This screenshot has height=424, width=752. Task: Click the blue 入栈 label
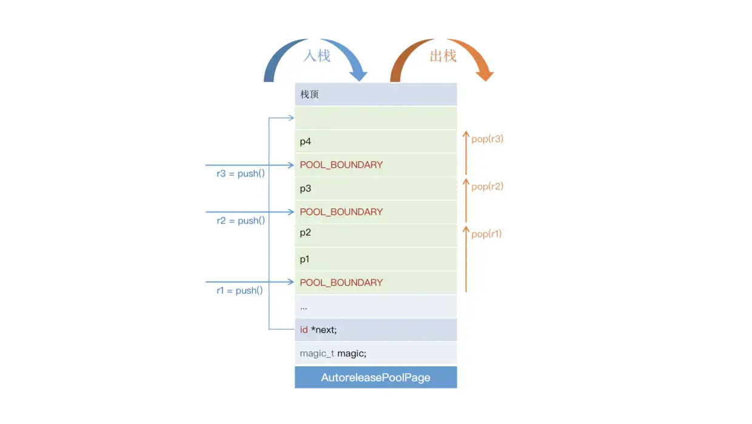(317, 56)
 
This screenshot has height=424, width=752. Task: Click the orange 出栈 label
(443, 56)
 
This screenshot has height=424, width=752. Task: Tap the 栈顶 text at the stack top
(309, 95)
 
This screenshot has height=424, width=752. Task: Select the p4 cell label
(306, 142)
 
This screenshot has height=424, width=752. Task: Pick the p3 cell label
(306, 189)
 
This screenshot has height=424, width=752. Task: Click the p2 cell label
(306, 233)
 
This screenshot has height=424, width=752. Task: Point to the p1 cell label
(304, 259)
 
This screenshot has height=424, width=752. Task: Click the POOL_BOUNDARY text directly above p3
(341, 165)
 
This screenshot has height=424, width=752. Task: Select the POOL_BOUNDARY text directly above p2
(341, 212)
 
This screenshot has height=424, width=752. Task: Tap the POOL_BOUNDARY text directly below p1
(341, 282)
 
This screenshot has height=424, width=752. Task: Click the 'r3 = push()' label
(241, 174)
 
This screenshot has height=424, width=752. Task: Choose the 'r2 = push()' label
(241, 221)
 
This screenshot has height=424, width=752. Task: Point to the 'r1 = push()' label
(240, 290)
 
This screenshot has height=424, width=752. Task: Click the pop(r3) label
(488, 139)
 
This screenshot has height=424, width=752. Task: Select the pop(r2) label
(488, 186)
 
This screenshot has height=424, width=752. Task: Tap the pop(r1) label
(486, 234)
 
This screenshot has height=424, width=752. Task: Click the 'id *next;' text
(318, 330)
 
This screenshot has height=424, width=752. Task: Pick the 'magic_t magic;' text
(333, 354)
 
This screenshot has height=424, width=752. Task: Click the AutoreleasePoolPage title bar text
(375, 378)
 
